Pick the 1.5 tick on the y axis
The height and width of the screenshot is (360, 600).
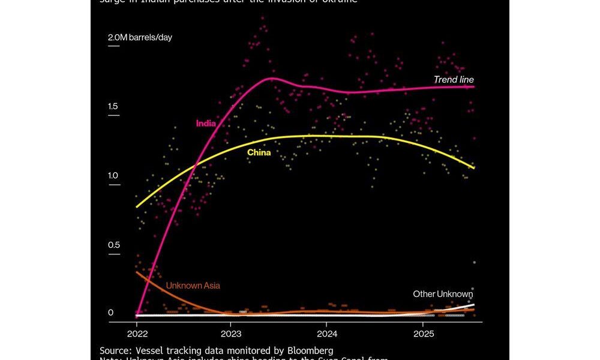pyautogui.click(x=113, y=107)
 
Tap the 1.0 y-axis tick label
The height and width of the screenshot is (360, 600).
pyautogui.click(x=113, y=176)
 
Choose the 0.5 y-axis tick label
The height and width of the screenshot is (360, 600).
pyautogui.click(x=113, y=245)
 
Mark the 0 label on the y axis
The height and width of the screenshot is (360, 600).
pyautogui.click(x=110, y=313)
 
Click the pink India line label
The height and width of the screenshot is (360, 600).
pyautogui.click(x=205, y=124)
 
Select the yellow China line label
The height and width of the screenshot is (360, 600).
pyautogui.click(x=259, y=153)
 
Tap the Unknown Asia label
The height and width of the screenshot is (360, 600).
pyautogui.click(x=192, y=286)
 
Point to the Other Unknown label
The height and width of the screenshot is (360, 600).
pyautogui.click(x=443, y=294)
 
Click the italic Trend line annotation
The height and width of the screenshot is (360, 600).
pyautogui.click(x=454, y=80)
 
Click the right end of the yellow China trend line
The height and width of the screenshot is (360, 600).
pyautogui.click(x=474, y=168)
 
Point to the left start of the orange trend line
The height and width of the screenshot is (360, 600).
pyautogui.click(x=137, y=272)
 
